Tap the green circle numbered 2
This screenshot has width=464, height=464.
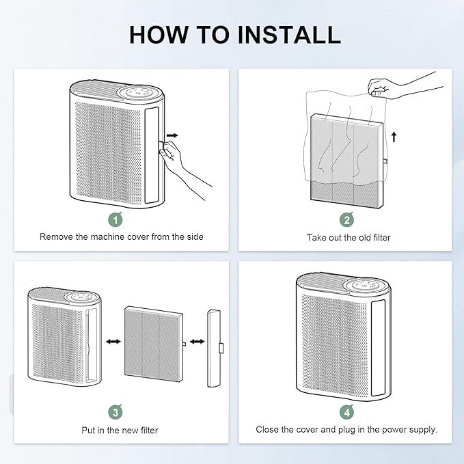coord(347,220)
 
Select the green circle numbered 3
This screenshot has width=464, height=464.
coord(115,412)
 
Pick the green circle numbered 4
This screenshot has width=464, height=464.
coord(347,412)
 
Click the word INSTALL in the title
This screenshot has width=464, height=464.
coord(285,34)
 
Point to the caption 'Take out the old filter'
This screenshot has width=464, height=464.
coord(347,237)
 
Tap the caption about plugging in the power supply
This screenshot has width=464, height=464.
coord(347,430)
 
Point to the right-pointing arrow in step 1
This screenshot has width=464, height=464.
coord(176,137)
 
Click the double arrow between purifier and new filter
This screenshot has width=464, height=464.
coord(113,340)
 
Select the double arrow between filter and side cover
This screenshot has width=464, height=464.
coord(197,340)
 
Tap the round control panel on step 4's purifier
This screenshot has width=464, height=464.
coord(361,284)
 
